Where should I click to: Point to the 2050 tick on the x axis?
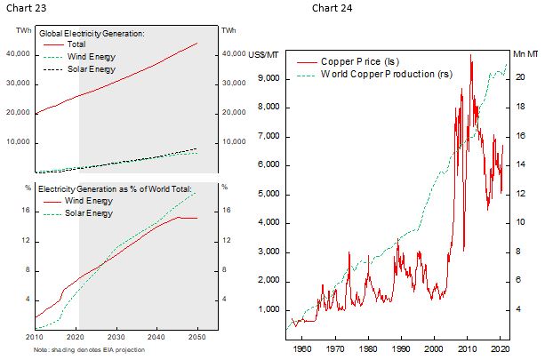(x=197, y=337)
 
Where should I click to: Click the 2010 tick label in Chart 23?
(x=35, y=337)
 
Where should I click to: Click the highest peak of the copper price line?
(x=470, y=55)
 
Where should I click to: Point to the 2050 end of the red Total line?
(x=197, y=43)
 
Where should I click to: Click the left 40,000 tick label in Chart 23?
(x=18, y=54)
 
